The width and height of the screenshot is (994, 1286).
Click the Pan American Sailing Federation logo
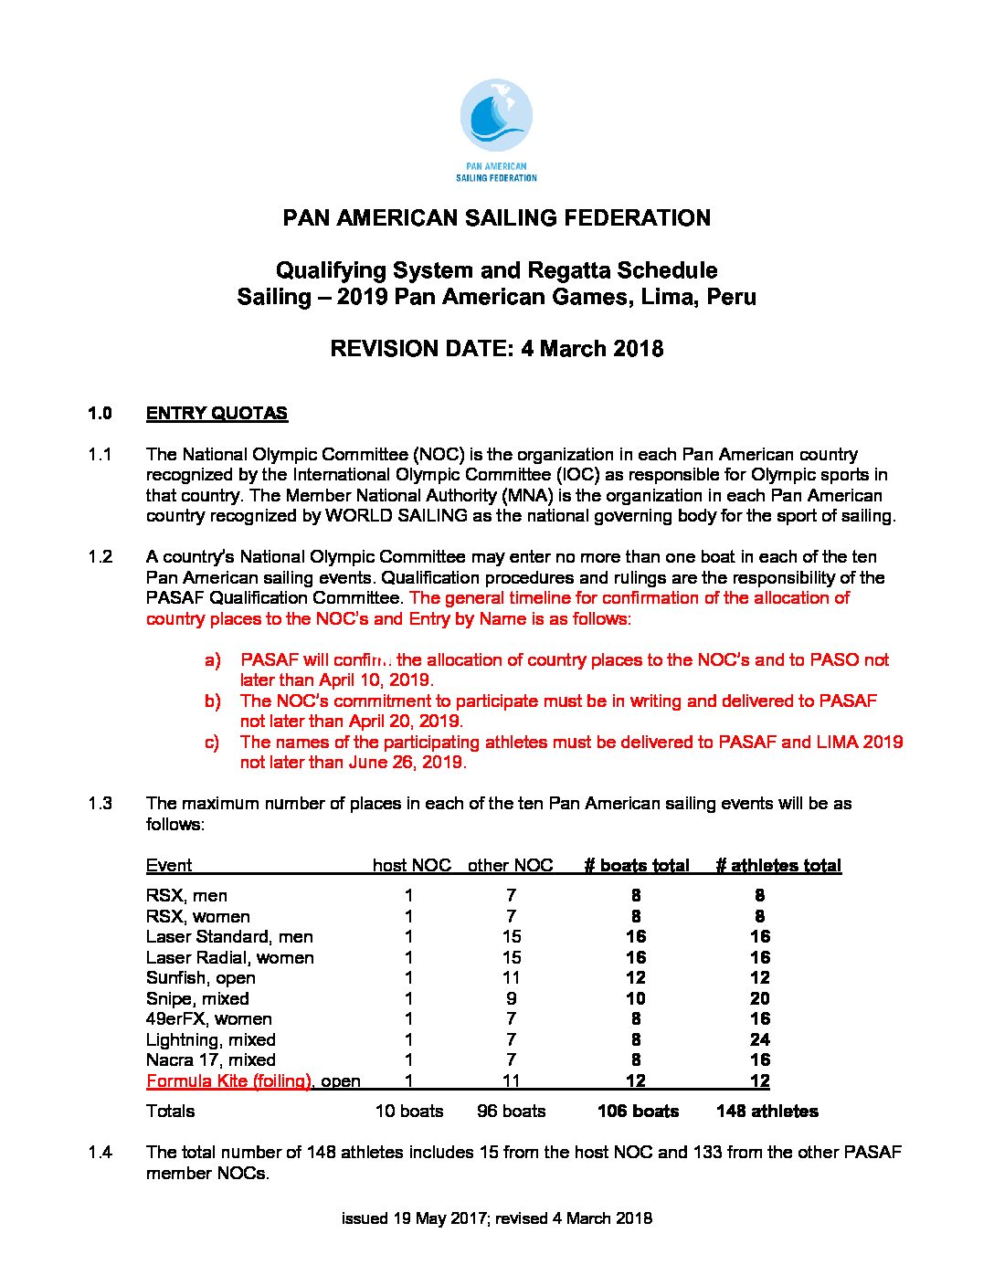496,129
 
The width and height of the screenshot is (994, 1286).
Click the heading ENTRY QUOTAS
217,413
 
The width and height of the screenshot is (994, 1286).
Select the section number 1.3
100,803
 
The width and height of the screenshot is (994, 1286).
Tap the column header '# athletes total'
778,865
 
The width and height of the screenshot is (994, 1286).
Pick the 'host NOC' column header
411,865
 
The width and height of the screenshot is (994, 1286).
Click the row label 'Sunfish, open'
201,977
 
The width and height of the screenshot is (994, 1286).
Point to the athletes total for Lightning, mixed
759,1039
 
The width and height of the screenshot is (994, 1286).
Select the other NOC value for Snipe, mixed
511,998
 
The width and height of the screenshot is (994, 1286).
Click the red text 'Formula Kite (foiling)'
228,1080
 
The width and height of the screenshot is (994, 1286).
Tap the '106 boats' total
638,1111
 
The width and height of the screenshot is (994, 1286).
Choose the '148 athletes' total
767,1111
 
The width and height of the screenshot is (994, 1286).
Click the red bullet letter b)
213,701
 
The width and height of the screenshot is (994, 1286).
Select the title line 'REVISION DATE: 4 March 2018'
496,349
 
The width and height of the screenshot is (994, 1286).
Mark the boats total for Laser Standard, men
636,936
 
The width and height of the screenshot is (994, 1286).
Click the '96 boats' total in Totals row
511,1111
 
